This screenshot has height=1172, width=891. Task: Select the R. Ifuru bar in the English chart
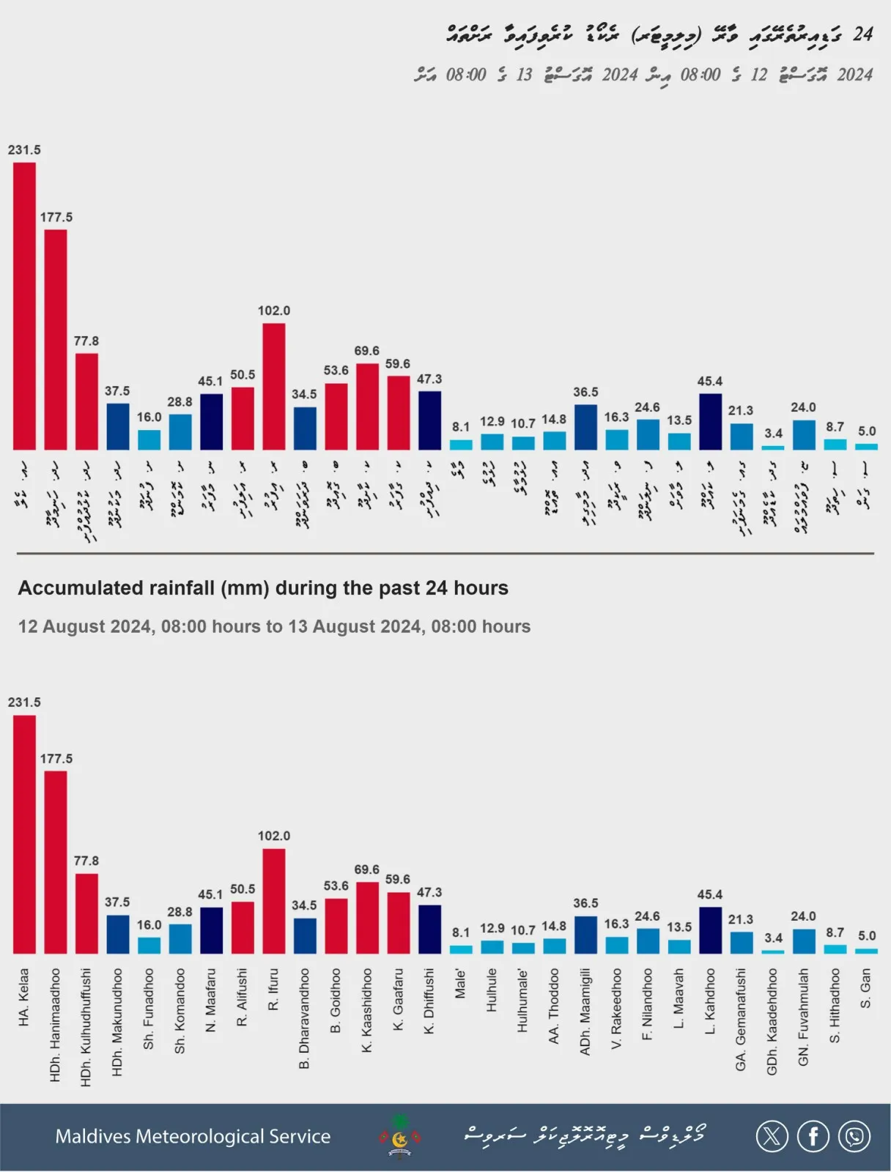tap(274, 901)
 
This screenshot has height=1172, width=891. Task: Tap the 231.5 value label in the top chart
tap(24, 150)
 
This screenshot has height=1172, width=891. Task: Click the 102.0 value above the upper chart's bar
tap(274, 311)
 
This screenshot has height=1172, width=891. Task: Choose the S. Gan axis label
tap(866, 988)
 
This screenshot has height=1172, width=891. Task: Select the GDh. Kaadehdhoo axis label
tap(772, 1022)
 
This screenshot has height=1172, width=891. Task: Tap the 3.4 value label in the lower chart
tap(773, 938)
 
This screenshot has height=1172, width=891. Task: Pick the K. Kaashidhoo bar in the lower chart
tap(367, 917)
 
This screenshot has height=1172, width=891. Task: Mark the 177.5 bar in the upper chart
tap(56, 339)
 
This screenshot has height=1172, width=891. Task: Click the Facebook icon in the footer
tap(813, 1136)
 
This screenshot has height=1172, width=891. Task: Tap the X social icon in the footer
tap(772, 1136)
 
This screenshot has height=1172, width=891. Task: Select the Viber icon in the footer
tap(854, 1136)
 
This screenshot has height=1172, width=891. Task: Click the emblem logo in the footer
tap(400, 1137)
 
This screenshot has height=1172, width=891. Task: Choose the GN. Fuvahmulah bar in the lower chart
tap(804, 941)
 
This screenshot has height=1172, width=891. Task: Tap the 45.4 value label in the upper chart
tap(710, 382)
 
